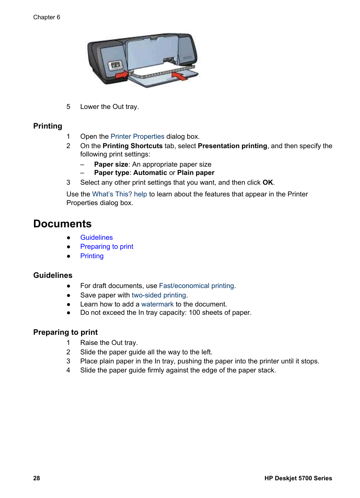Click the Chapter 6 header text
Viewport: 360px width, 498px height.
point(46,17)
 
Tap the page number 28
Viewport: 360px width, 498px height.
point(37,478)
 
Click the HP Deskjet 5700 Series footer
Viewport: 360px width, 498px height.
point(298,478)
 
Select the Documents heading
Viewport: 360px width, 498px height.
point(62,224)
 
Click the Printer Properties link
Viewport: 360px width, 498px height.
point(137,136)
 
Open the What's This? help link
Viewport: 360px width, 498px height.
point(119,194)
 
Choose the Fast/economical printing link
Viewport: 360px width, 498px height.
point(196,286)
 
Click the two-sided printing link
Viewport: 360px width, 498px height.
point(158,295)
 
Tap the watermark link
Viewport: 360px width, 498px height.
point(157,304)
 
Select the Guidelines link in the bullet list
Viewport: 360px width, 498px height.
point(96,238)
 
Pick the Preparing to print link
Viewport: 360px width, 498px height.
point(106,247)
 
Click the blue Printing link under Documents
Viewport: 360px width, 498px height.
point(92,256)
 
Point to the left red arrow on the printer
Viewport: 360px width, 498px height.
point(122,75)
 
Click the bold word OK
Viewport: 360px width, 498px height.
point(268,182)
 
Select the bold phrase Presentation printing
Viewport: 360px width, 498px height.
point(232,146)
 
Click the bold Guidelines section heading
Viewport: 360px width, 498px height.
point(53,275)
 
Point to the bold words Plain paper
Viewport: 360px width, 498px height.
point(195,173)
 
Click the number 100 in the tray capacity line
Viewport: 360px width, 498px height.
point(194,313)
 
